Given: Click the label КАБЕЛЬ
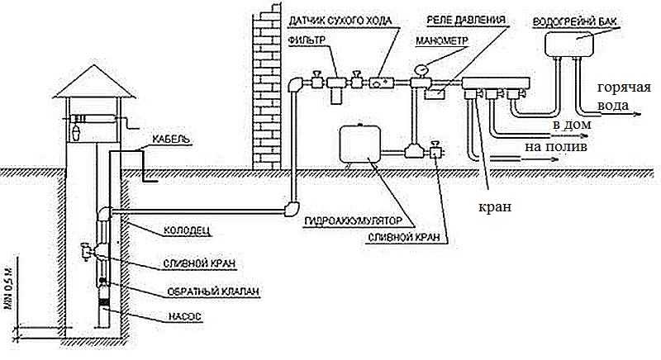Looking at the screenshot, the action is pyautogui.click(x=171, y=139).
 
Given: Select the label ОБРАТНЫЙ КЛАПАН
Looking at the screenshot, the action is pyautogui.click(x=213, y=291).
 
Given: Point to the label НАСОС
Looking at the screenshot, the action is pyautogui.click(x=185, y=316).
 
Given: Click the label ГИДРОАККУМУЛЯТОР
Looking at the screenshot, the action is pyautogui.click(x=354, y=221).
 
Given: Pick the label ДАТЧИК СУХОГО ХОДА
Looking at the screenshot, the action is pyautogui.click(x=340, y=20).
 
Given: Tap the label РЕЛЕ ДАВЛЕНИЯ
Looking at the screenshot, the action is pyautogui.click(x=466, y=19).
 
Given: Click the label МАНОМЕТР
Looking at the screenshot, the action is pyautogui.click(x=442, y=40).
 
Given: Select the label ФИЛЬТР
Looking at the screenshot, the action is pyautogui.click(x=307, y=40).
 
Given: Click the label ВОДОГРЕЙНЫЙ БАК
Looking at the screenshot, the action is pyautogui.click(x=575, y=21).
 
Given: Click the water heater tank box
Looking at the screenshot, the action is pyautogui.click(x=569, y=44).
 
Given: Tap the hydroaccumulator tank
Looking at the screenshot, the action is pyautogui.click(x=360, y=144).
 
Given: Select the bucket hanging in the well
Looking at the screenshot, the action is pyautogui.click(x=76, y=132).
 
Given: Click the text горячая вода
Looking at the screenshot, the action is pyautogui.click(x=624, y=97).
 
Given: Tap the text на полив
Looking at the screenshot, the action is pyautogui.click(x=555, y=147).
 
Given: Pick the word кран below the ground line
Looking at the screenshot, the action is pyautogui.click(x=495, y=207).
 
